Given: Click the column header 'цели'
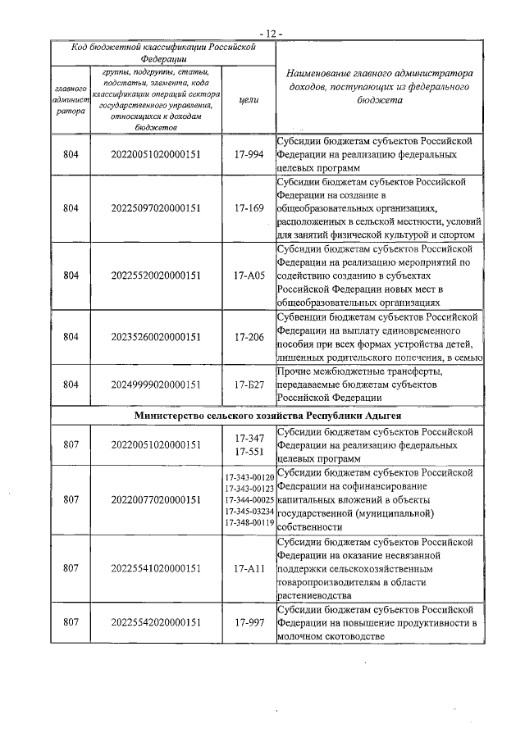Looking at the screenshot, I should tap(249, 99).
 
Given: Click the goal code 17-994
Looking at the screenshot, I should tap(249, 153).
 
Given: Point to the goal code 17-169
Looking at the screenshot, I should tap(249, 207).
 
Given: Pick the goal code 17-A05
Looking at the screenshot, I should tap(249, 275).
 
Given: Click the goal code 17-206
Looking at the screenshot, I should tap(249, 336).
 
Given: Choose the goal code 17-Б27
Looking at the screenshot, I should tap(249, 384).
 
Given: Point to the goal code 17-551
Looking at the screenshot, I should tap(249, 452).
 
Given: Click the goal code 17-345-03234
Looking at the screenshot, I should tap(249, 512).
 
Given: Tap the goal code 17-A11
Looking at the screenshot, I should tap(249, 567).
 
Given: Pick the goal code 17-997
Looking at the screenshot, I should tap(249, 622).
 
